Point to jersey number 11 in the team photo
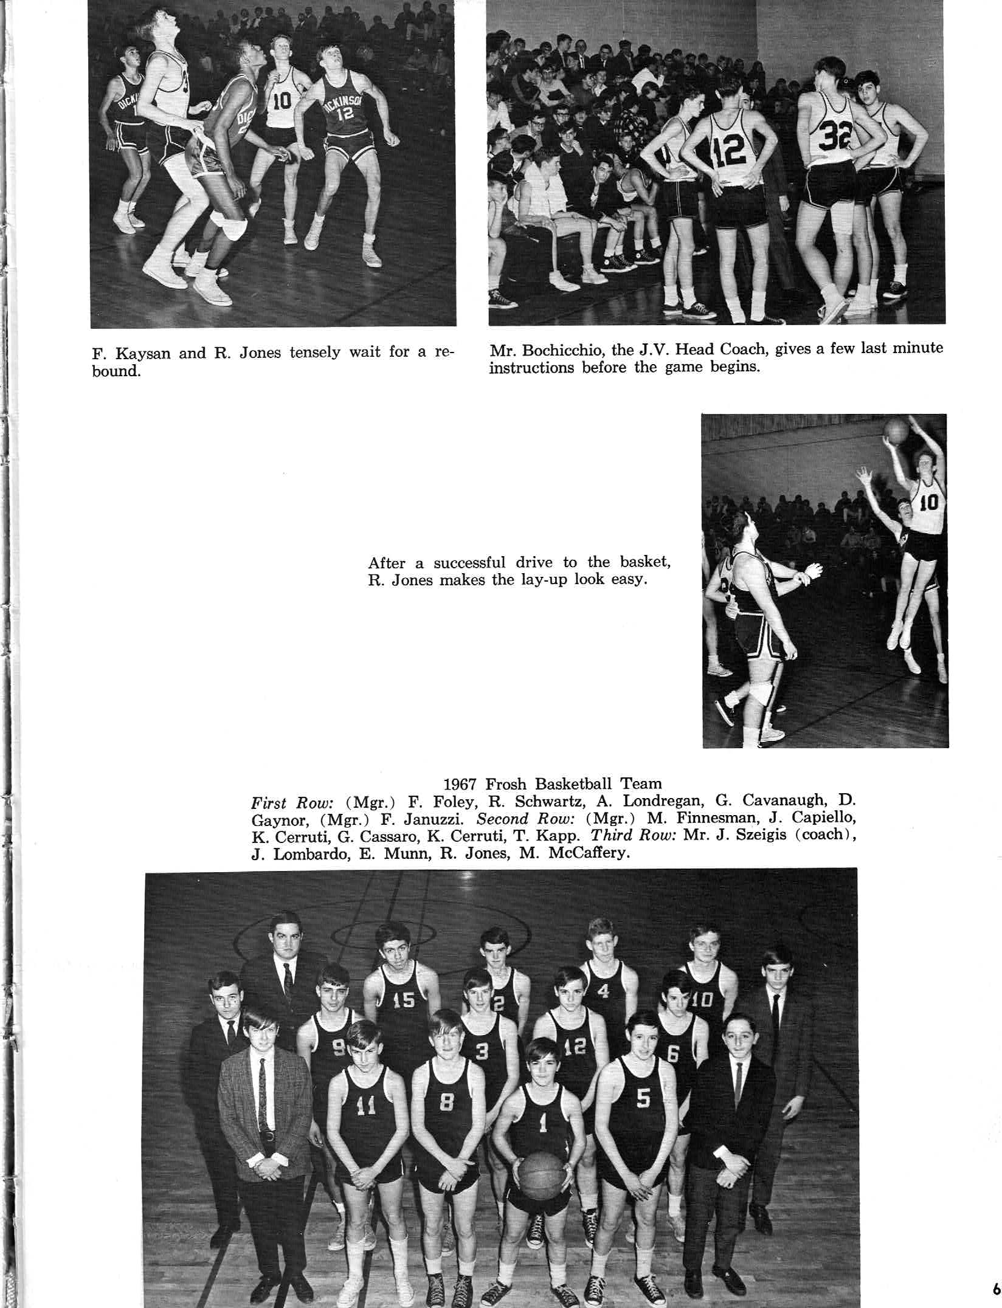click(365, 1107)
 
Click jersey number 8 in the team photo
click(446, 1101)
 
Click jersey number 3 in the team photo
click(482, 1051)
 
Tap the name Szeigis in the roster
click(750, 835)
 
